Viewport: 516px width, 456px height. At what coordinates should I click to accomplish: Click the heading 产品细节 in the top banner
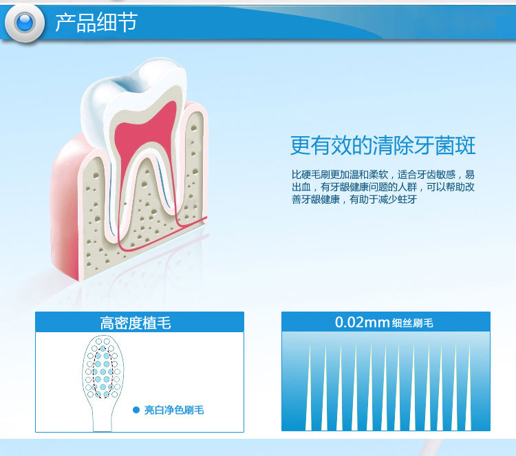(96, 23)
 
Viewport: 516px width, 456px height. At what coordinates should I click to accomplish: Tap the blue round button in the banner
(25, 23)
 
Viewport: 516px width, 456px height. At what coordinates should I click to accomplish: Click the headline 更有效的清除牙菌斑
(383, 145)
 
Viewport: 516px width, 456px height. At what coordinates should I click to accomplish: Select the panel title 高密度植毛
(136, 323)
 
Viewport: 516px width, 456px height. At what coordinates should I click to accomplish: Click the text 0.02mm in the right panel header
(363, 322)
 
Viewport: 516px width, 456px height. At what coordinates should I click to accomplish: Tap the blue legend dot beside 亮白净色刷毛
(136, 410)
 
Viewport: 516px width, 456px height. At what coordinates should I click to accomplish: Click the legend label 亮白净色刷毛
(174, 410)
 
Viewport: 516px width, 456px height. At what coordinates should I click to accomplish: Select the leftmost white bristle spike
(309, 388)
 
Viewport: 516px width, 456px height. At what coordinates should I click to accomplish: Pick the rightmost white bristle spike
(469, 388)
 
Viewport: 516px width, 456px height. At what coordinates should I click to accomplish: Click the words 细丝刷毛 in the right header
(412, 323)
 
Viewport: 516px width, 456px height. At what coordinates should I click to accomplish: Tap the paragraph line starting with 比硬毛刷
(383, 175)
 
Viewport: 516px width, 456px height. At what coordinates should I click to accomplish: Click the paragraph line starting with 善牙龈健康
(354, 199)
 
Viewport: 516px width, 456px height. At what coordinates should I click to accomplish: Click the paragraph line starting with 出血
(383, 187)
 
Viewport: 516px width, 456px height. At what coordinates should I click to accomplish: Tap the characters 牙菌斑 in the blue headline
(445, 145)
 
